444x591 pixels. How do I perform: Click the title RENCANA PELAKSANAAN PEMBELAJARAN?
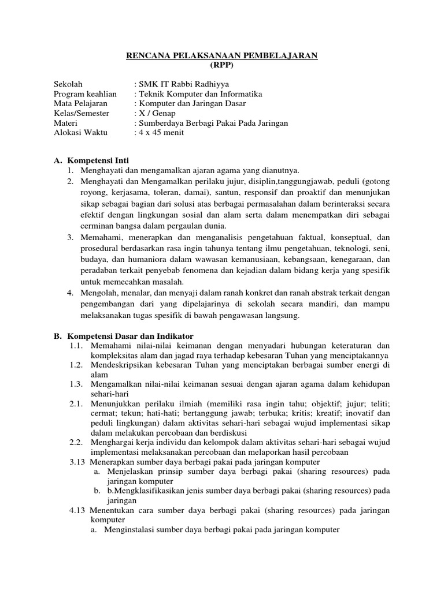pos(223,56)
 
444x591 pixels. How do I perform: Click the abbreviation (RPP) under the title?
pos(223,65)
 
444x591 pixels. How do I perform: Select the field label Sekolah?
pos(67,84)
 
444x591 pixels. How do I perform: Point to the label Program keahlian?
pos(85,93)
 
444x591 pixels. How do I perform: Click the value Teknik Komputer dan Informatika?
pos(198,93)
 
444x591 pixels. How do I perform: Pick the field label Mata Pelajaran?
pos(81,103)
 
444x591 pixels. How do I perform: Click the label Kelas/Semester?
pos(82,113)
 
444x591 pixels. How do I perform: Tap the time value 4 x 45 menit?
pos(159,132)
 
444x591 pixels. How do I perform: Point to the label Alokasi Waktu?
pos(79,132)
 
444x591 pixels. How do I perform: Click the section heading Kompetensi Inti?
pos(98,160)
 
